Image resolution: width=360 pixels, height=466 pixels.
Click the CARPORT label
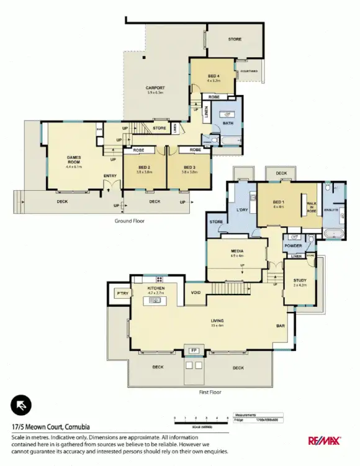tap(155, 88)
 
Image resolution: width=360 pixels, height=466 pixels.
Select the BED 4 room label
tap(214, 76)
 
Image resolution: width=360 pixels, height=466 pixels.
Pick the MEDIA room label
tap(236, 251)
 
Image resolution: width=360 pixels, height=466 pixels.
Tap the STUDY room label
tap(300, 281)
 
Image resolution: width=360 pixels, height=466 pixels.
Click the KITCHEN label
tap(155, 289)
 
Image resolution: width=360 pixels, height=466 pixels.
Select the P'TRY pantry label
tap(121, 293)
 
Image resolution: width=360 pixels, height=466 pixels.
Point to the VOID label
tap(196, 293)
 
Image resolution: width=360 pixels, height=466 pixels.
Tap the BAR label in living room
tap(281, 325)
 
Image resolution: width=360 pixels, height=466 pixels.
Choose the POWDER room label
tap(294, 245)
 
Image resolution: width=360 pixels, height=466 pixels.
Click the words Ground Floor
tap(129, 221)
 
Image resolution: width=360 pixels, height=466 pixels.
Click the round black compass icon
tap(20, 405)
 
